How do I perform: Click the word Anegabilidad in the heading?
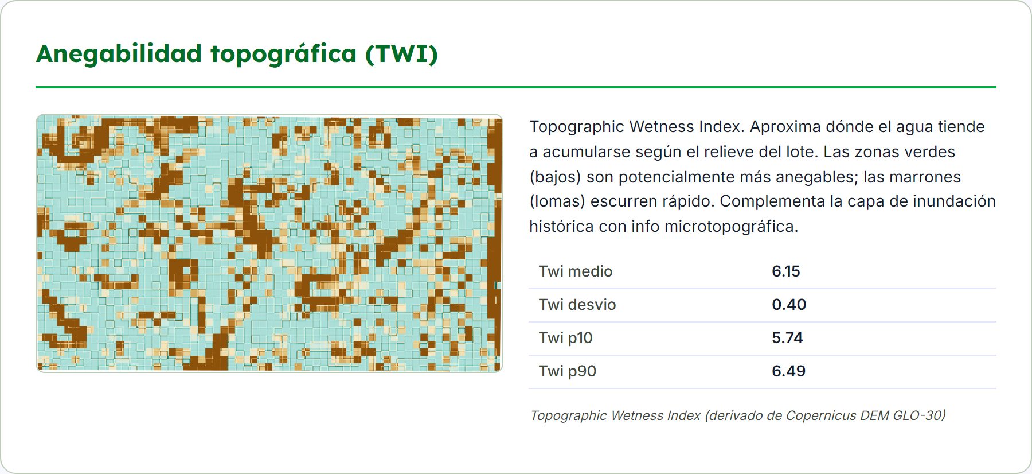[119, 55]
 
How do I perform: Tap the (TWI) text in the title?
[401, 55]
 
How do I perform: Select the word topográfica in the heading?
[284, 55]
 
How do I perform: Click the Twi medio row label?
[576, 271]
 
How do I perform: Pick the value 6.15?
[785, 271]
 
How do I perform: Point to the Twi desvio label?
[577, 305]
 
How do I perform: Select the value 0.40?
[789, 305]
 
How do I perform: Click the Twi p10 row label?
[566, 338]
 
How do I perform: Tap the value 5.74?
[787, 338]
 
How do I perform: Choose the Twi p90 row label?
[568, 371]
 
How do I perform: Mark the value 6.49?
[788, 371]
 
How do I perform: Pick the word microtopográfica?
[731, 227]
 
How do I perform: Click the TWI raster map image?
[269, 243]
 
